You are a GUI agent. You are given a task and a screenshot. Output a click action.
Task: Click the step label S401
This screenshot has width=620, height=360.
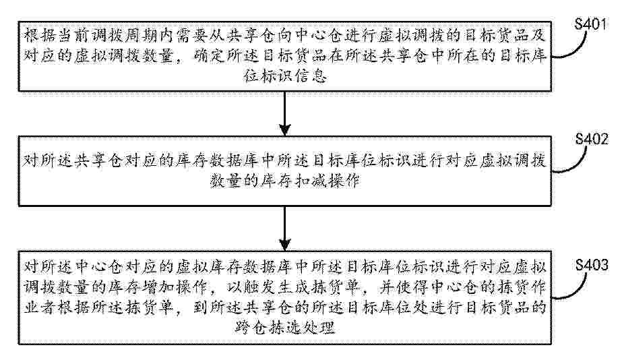click(590, 24)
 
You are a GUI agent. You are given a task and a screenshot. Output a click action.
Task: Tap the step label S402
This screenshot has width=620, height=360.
click(592, 139)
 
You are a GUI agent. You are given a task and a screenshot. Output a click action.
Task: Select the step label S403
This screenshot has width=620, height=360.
click(592, 265)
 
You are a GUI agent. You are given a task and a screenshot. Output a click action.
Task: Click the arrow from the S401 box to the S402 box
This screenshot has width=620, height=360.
click(284, 113)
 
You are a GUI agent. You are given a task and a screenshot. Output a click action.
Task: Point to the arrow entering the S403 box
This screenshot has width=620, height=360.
click(284, 228)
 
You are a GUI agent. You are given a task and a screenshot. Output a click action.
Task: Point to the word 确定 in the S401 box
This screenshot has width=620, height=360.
click(210, 56)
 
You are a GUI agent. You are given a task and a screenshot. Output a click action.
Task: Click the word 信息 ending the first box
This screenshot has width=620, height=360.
click(311, 76)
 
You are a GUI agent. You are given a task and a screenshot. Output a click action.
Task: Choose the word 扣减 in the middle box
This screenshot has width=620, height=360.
click(311, 181)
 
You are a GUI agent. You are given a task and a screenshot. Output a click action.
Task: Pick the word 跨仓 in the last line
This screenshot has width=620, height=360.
click(251, 328)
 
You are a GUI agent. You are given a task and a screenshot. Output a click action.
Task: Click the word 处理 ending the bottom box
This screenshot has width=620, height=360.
click(319, 328)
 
